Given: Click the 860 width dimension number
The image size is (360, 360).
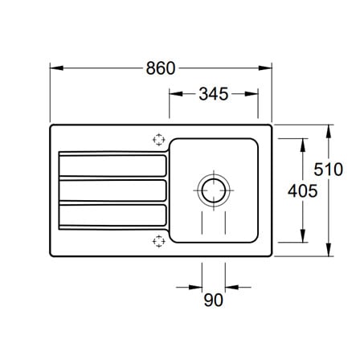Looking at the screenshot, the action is coord(161,68).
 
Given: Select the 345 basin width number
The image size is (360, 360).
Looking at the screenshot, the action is coord(214,94).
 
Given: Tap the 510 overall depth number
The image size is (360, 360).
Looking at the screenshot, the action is coord(329,170).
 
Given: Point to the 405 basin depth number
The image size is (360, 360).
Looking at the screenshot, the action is coord(303,191).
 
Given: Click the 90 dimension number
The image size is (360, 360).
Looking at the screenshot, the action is coord(213,300).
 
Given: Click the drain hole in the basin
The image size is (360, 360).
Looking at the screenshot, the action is coord(214,190).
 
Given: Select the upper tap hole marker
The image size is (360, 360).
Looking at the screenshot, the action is coord(158,140).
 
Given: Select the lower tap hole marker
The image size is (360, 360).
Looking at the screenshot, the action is coord(158,241).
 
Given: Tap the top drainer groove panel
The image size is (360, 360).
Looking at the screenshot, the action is coord(112,166).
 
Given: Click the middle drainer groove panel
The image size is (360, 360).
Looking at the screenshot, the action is coord(112,190).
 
